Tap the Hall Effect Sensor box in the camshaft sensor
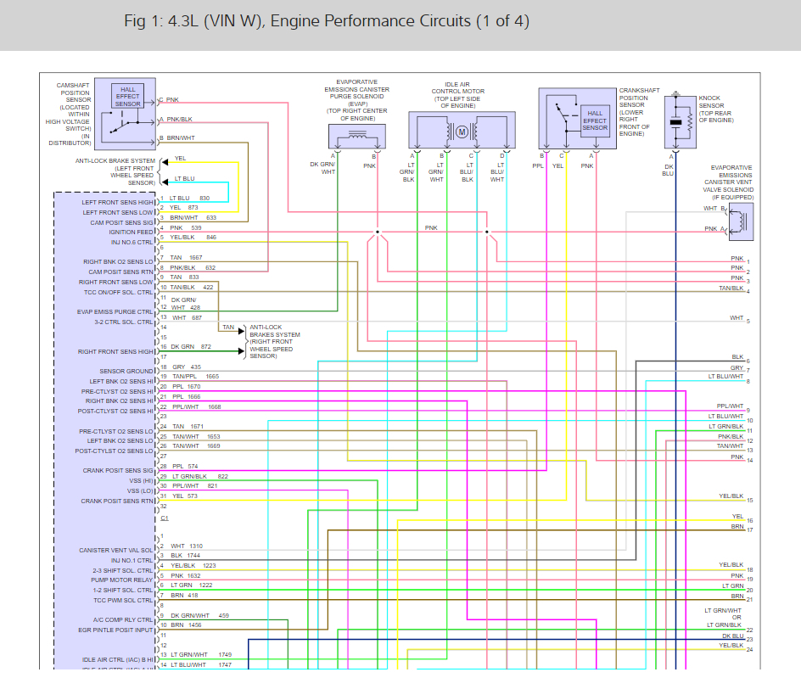click(128, 97)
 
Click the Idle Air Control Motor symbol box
click(462, 132)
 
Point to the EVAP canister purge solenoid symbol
click(357, 136)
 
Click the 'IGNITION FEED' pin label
click(132, 232)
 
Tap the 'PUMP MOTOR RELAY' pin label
click(126, 580)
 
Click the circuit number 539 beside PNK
click(197, 227)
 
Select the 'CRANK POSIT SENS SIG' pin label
click(118, 471)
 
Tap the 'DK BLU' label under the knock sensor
click(668, 169)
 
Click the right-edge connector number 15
click(749, 501)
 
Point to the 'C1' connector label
click(164, 517)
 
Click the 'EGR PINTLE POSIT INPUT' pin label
click(116, 630)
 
